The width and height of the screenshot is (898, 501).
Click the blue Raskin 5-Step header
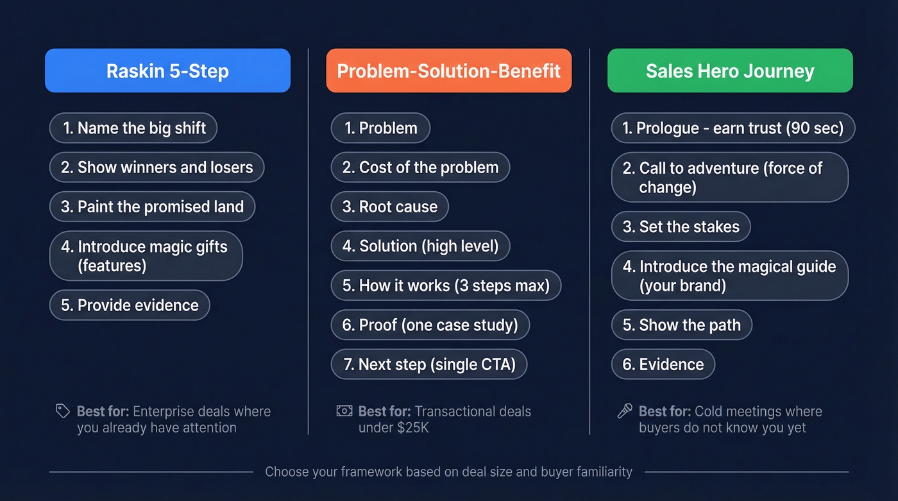coord(167,71)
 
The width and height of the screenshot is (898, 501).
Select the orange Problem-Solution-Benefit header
coord(449,71)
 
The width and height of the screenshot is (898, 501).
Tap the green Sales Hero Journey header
coord(730,71)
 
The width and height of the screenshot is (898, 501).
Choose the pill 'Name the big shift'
coord(133,128)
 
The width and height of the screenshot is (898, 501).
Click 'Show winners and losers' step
coord(157,167)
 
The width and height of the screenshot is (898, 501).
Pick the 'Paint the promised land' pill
coord(152,207)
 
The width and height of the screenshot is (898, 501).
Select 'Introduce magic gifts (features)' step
coord(146,256)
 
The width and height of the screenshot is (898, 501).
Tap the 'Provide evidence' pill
coord(130,305)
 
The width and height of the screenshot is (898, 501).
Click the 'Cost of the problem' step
coord(420,167)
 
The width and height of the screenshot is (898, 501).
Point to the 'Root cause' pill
coord(389,207)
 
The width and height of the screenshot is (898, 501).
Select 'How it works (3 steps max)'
coord(446,285)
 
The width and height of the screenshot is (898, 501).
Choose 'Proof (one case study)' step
coord(430,325)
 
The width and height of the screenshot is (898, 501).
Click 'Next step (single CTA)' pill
coord(429,364)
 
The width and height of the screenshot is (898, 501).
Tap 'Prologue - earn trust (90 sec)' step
coord(733,128)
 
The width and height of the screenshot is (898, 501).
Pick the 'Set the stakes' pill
coord(681,226)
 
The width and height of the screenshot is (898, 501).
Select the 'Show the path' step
coord(681,325)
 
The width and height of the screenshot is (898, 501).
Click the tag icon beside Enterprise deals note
coord(62,411)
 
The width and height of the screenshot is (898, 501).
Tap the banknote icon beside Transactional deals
coord(344,411)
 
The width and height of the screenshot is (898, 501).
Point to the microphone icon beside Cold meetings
coord(625,411)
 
